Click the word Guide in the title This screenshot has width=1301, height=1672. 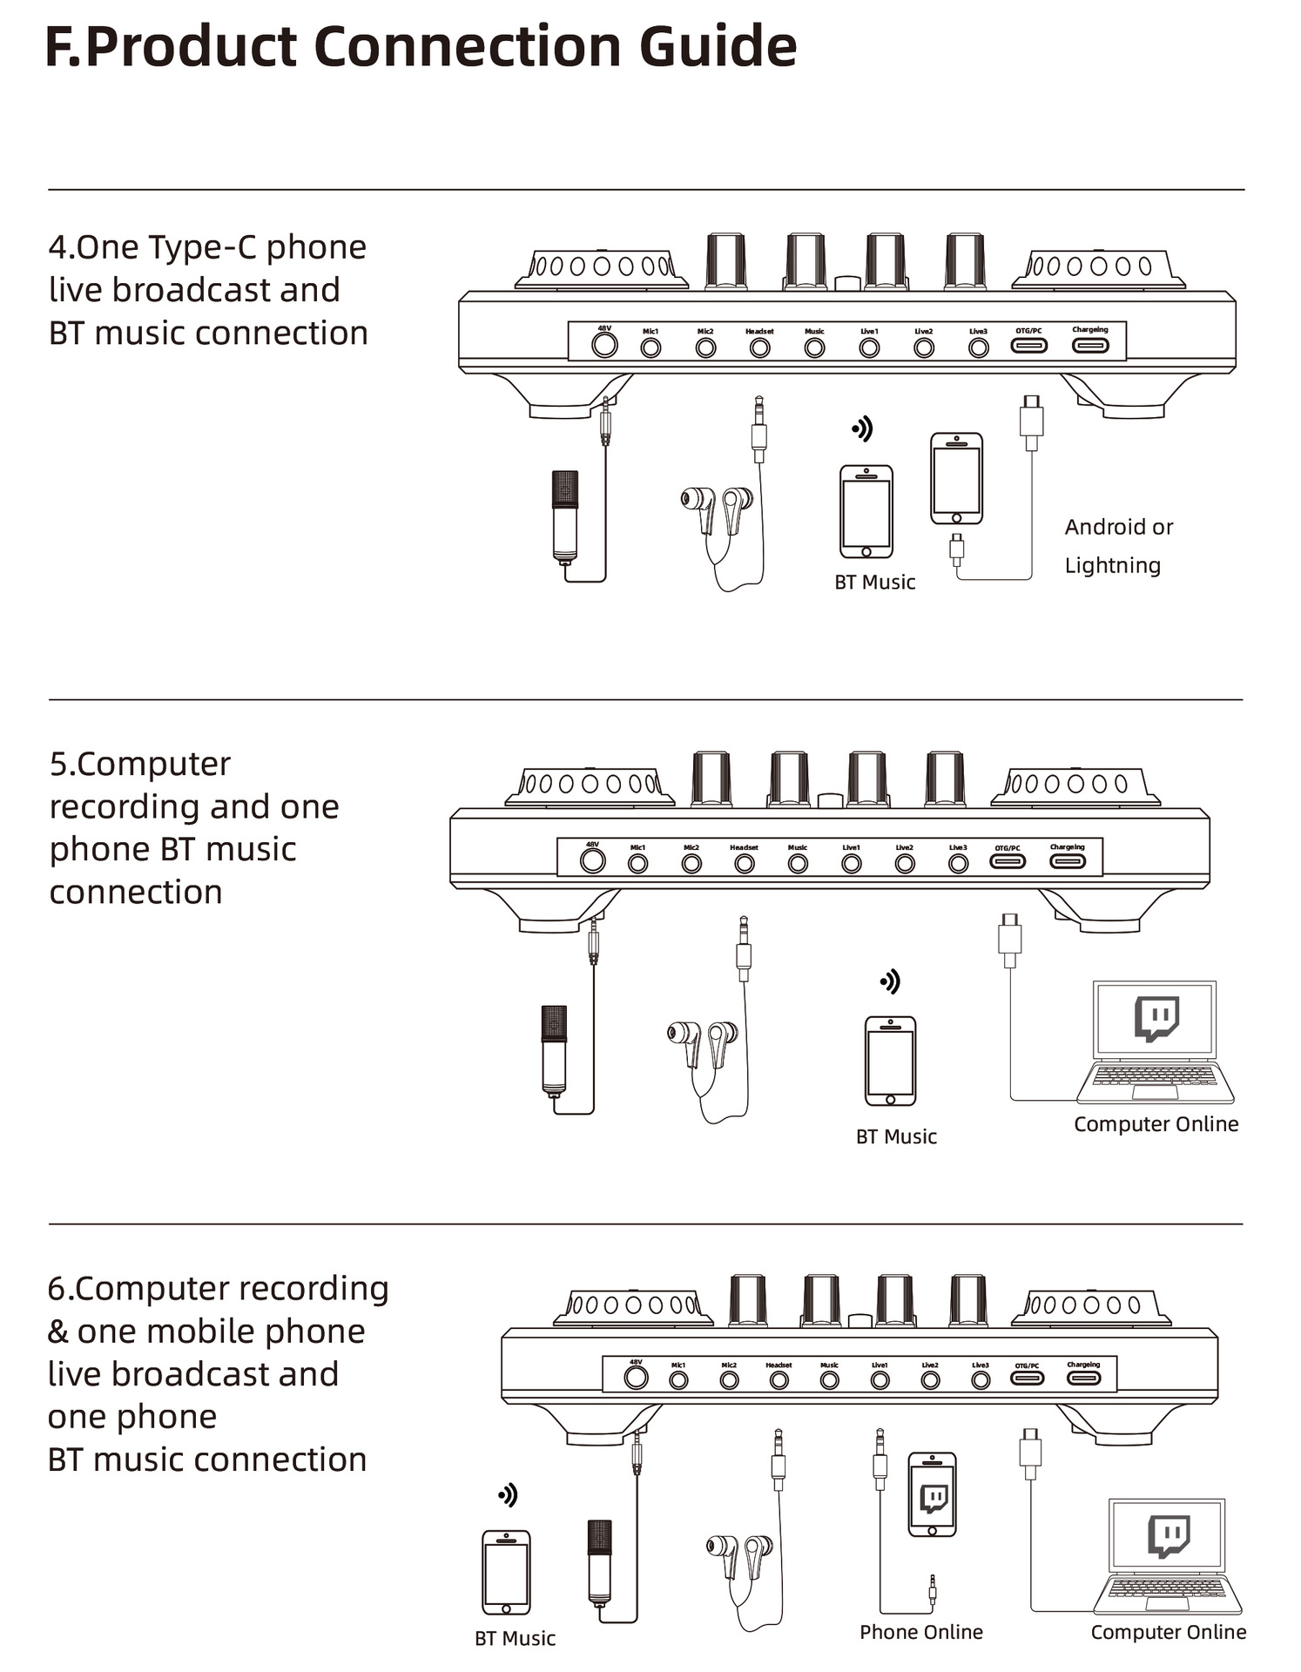718,47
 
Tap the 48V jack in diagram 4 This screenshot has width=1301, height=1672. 604,346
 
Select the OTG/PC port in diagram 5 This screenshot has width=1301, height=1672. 1008,862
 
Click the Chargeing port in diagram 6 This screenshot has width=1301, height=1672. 1083,1378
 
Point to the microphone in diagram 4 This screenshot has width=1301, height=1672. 565,517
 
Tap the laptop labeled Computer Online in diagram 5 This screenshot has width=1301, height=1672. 1156,1043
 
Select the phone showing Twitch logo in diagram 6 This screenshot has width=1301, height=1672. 932,1493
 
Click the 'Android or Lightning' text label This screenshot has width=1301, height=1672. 1117,546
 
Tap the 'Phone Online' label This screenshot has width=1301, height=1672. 920,1632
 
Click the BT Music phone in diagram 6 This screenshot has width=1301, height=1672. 506,1572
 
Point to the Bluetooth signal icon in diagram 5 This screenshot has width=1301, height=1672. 889,982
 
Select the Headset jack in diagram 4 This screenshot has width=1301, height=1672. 759,348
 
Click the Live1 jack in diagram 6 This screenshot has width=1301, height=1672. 880,1380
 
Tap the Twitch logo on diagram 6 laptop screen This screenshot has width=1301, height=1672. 1168,1536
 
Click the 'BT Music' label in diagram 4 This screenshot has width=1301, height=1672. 874,583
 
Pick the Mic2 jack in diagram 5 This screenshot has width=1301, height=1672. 691,864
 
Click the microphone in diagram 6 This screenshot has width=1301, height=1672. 599,1565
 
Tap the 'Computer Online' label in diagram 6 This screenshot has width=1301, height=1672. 1168,1632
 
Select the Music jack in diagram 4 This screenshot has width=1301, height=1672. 814,348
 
